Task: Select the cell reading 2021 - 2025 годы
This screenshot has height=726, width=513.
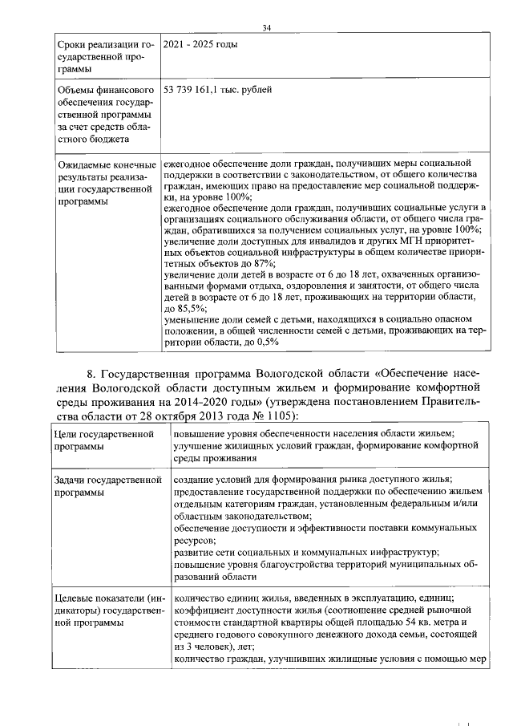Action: (200, 46)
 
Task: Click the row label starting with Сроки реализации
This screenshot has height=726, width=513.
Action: (102, 57)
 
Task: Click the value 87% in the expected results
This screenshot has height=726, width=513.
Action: (265, 263)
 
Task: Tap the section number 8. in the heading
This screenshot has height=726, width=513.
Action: (91, 375)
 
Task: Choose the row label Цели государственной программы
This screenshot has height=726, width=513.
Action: (102, 440)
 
